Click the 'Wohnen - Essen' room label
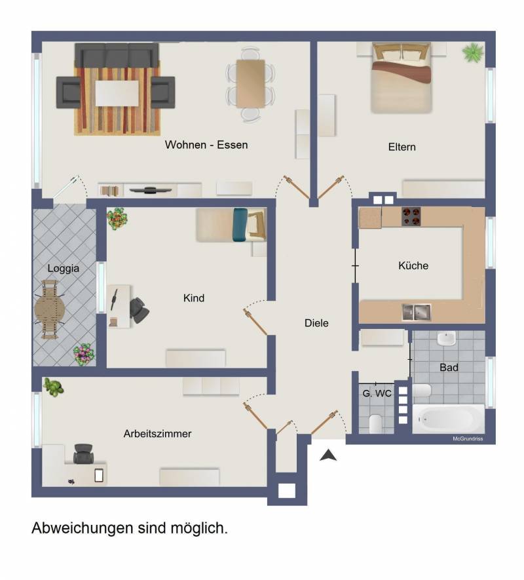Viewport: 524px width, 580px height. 206,145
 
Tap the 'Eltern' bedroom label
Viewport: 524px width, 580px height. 402,147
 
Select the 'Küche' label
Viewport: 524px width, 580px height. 413,265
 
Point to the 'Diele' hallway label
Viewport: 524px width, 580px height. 316,323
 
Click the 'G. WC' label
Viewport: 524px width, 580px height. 377,393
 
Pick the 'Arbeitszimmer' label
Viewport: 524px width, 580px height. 158,434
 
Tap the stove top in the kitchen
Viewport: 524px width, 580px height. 411,216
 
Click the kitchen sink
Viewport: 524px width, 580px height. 417,312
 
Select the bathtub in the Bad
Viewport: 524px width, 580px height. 448,419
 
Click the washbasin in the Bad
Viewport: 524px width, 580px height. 446,338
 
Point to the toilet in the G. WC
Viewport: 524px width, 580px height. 376,423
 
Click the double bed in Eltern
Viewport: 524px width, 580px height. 402,78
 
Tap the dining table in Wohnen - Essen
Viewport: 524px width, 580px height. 251,84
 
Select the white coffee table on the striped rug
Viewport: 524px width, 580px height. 117,93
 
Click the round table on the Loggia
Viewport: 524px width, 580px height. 49,309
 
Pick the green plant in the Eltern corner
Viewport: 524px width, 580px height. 473,52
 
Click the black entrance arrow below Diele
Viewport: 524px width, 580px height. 328,455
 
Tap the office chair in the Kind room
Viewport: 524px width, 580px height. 140,310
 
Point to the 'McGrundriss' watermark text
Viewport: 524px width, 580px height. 468,438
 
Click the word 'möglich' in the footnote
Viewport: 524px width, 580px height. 199,528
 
